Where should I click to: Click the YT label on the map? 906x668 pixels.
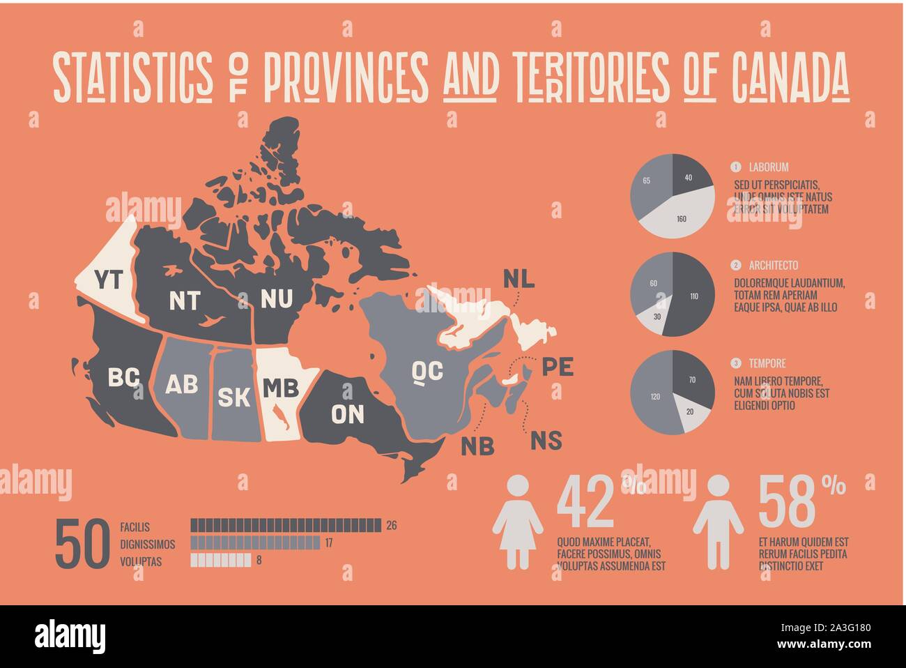point(108,280)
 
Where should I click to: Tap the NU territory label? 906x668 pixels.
point(277,298)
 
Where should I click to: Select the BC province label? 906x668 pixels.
point(123,378)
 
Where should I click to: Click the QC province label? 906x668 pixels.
point(427,371)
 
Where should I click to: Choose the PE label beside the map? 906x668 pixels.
point(557,366)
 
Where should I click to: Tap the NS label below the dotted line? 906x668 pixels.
point(546,441)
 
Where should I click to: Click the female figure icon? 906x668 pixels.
point(518,522)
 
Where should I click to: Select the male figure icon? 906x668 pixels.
point(718,522)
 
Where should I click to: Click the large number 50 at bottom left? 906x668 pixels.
point(82,544)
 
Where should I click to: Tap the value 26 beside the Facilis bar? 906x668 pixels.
point(391,525)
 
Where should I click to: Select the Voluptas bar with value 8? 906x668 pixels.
point(220,559)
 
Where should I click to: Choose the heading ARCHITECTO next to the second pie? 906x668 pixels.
point(774,266)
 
